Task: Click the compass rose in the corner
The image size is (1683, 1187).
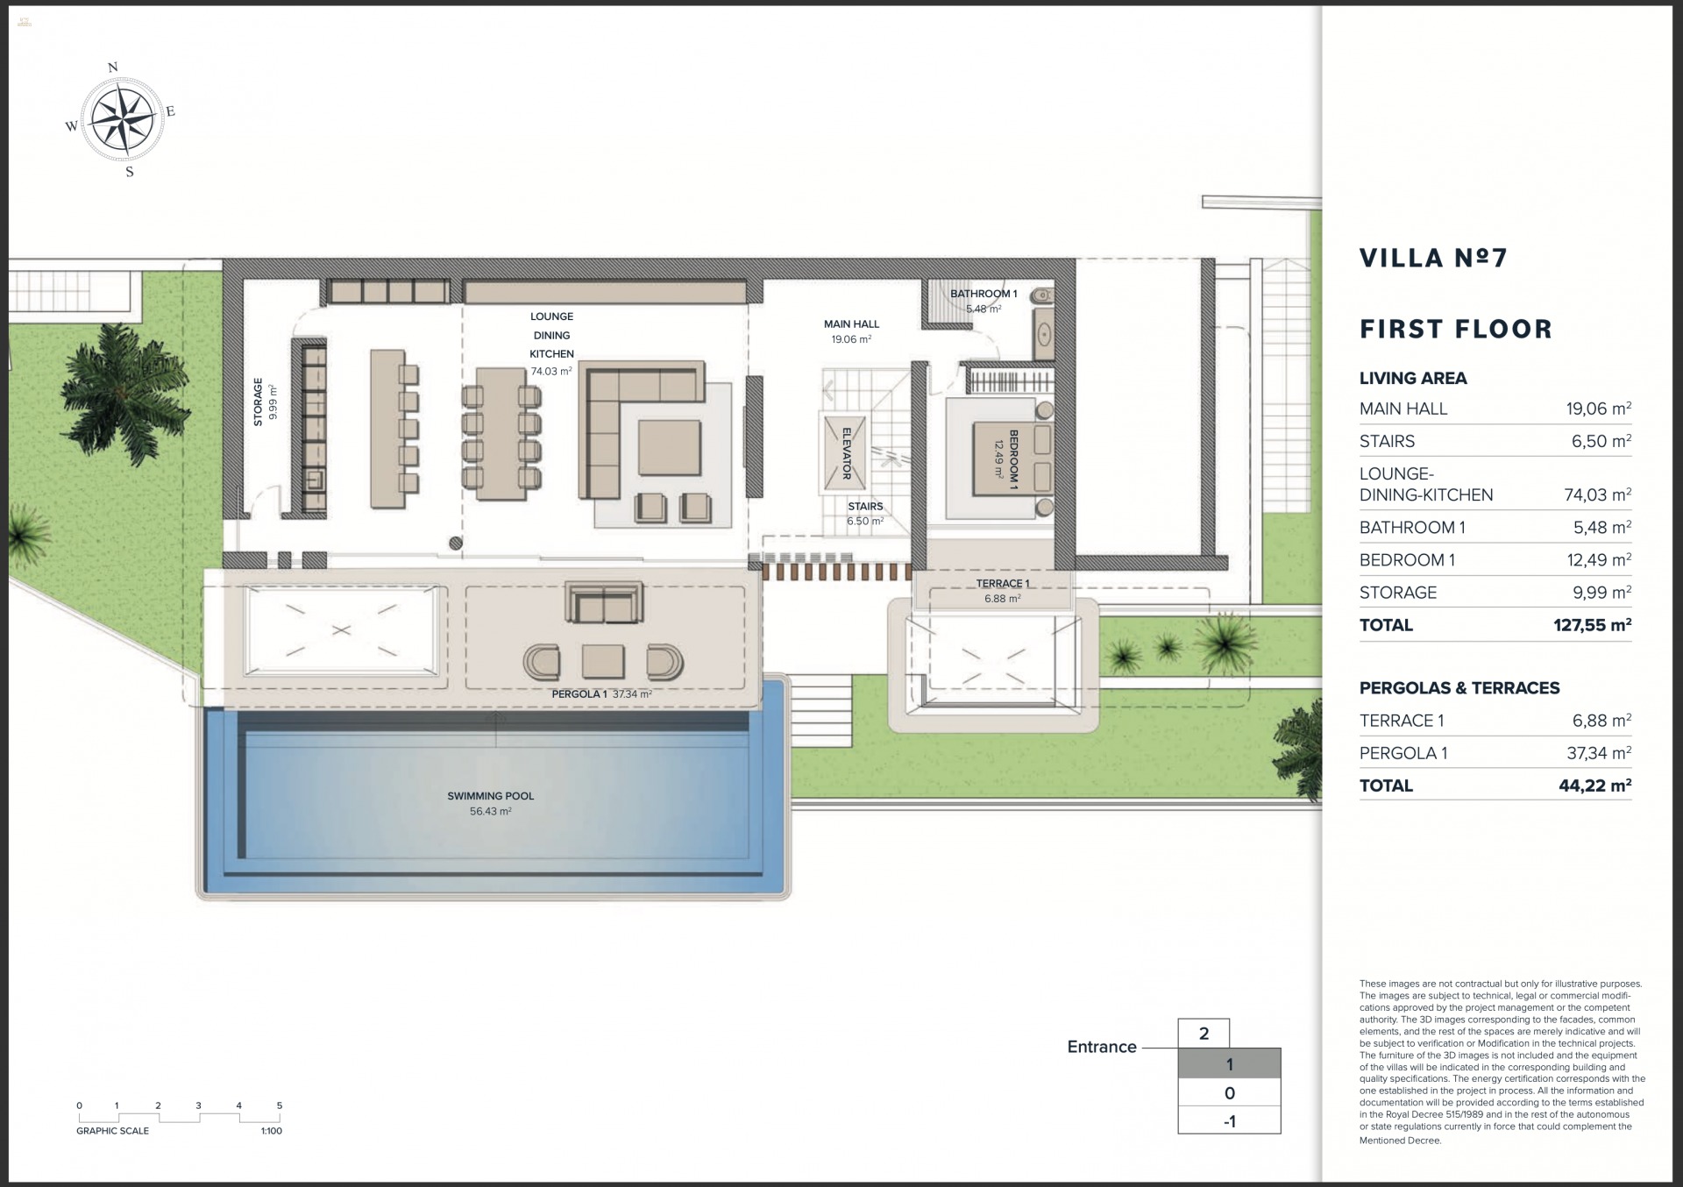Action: click(x=122, y=118)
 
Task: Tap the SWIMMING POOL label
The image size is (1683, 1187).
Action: click(x=490, y=796)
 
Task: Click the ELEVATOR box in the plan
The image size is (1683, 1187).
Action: click(x=845, y=453)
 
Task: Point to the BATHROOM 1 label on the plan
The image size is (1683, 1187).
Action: click(x=984, y=294)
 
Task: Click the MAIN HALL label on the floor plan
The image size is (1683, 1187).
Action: click(x=851, y=324)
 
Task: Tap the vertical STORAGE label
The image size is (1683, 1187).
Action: click(x=258, y=402)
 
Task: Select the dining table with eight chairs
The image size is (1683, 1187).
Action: click(x=501, y=434)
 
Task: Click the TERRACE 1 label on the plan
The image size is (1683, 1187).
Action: click(x=1002, y=583)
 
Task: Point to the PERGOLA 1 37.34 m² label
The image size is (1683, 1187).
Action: click(x=601, y=694)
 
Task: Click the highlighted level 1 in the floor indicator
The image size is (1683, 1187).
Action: click(x=1229, y=1064)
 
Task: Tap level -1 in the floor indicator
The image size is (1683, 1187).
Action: click(x=1229, y=1121)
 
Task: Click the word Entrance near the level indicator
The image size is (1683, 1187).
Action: click(x=1101, y=1047)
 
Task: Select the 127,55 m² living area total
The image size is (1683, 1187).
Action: click(x=1591, y=625)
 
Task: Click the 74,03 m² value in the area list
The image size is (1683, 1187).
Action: click(x=1597, y=495)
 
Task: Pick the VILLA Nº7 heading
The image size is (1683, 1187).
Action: click(x=1433, y=258)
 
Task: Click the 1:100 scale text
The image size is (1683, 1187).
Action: click(x=271, y=1131)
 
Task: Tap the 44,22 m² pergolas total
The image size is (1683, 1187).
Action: click(x=1594, y=785)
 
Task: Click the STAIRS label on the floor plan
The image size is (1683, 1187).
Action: click(x=864, y=507)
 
